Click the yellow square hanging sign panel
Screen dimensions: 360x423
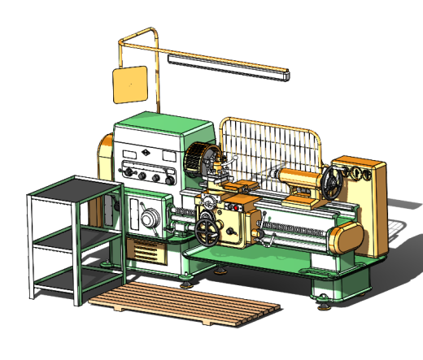pyautogui.click(x=129, y=85)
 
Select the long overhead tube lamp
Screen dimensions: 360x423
pyautogui.click(x=229, y=65)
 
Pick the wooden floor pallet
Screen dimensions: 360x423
pyautogui.click(x=186, y=306)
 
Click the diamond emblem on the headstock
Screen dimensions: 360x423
pyautogui.click(x=144, y=152)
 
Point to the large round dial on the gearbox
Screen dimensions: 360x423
pyautogui.click(x=149, y=219)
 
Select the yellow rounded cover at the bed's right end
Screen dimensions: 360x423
pyautogui.click(x=346, y=240)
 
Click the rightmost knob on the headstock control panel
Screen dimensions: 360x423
pyautogui.click(x=168, y=176)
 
